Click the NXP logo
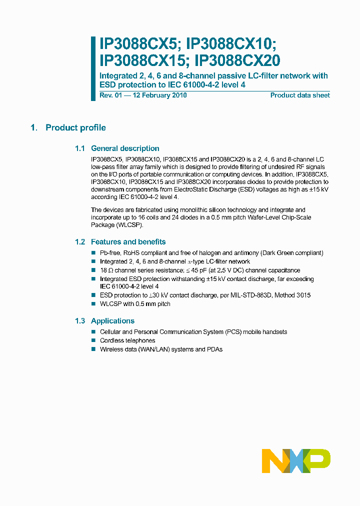point(296,460)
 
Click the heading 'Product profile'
point(75,128)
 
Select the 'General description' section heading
point(125,148)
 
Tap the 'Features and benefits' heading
point(128,242)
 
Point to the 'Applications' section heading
point(112,321)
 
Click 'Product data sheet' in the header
point(300,95)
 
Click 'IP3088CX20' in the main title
point(237,60)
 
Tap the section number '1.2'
point(80,242)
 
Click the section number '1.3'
point(80,321)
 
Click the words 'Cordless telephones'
point(127,340)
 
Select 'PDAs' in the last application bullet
point(214,349)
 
